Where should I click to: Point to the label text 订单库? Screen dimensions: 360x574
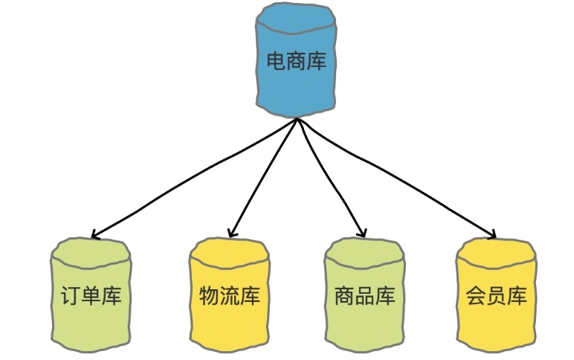point(91,296)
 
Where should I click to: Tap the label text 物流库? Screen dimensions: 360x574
point(230,296)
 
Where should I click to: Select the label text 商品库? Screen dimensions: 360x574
point(365,296)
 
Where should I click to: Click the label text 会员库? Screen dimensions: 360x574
point(497,296)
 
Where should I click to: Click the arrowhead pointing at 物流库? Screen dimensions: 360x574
point(232,235)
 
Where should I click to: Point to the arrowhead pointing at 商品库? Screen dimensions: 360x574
point(363,234)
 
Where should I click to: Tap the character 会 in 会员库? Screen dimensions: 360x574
point(477,296)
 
